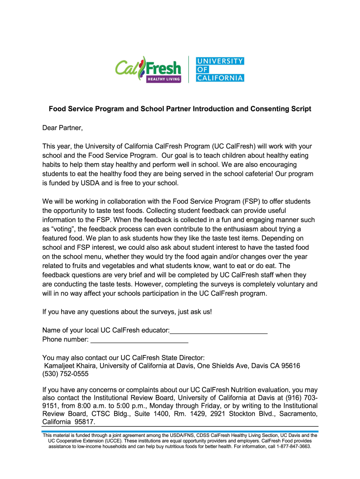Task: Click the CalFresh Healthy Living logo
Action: coord(148,70)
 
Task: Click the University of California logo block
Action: coord(219,69)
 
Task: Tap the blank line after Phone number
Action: coord(139,339)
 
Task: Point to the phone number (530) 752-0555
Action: coord(65,374)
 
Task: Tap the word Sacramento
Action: coord(296,414)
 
